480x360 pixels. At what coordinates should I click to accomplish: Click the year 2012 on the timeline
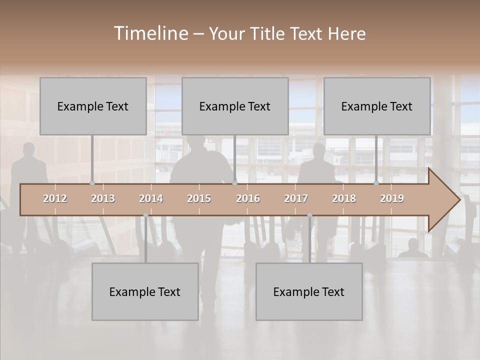[x=55, y=198]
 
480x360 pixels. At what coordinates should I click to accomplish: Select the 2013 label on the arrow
[x=103, y=198]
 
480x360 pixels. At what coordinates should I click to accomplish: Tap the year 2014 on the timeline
[x=151, y=198]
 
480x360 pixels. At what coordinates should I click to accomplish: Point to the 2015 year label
[x=199, y=198]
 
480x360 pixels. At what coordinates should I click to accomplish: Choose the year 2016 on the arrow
[x=248, y=198]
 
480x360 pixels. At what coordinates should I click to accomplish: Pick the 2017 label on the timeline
[x=296, y=198]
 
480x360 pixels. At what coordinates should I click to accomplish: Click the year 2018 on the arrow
[x=344, y=198]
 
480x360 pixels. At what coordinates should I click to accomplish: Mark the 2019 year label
[x=392, y=198]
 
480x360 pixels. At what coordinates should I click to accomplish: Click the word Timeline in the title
[x=150, y=33]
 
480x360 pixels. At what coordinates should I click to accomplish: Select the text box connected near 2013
[x=93, y=106]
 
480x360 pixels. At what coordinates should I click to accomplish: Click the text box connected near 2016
[x=235, y=106]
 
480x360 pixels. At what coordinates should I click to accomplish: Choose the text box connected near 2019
[x=377, y=106]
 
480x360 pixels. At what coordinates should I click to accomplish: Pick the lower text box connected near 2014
[x=145, y=291]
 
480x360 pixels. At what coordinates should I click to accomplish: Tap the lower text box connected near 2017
[x=309, y=291]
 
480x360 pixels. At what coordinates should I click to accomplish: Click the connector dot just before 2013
[x=92, y=183]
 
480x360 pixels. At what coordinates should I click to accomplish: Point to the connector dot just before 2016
[x=234, y=183]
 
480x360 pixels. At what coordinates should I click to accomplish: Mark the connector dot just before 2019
[x=376, y=183]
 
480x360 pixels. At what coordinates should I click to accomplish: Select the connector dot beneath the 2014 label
[x=145, y=215]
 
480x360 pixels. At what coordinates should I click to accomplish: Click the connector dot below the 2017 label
[x=309, y=215]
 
